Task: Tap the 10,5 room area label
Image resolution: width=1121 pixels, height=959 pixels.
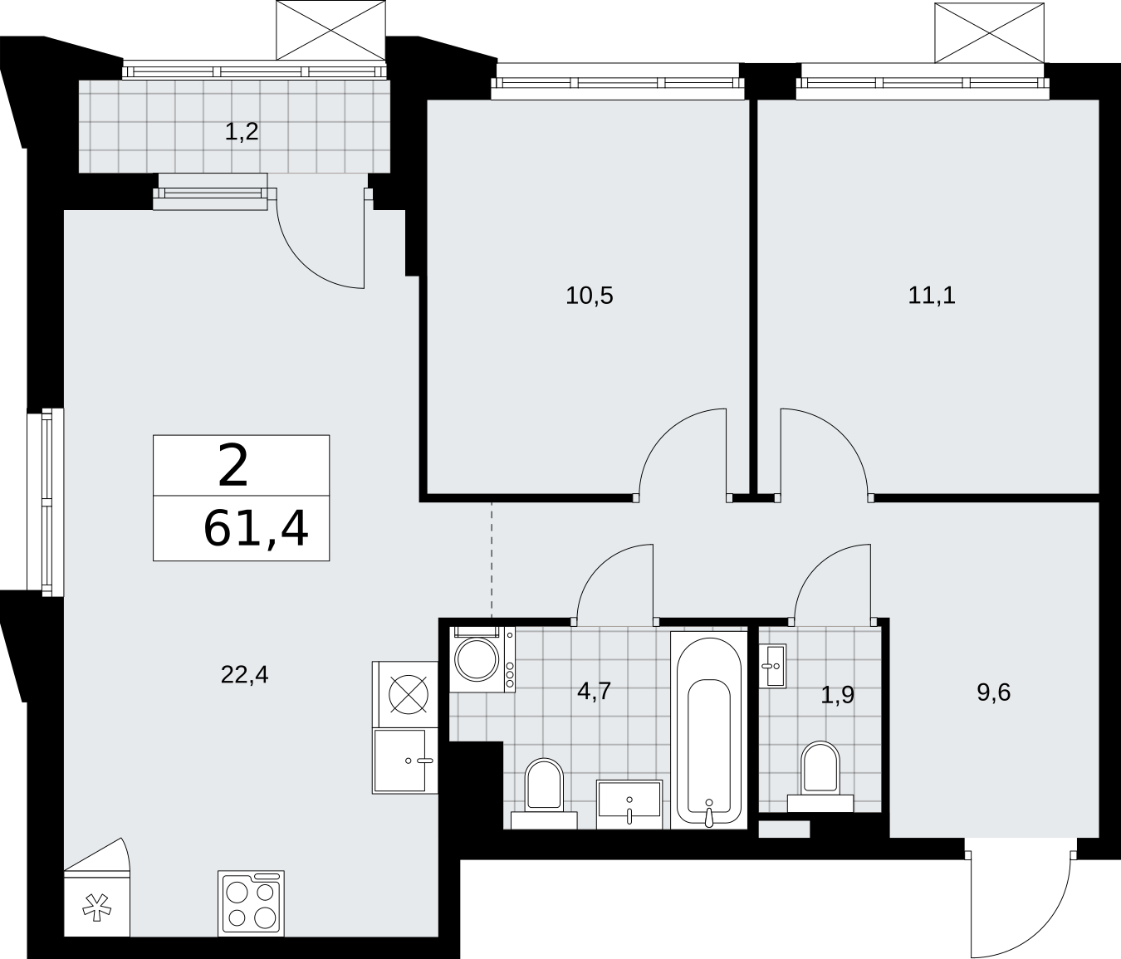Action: click(x=589, y=296)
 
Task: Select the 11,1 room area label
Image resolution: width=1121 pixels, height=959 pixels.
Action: click(x=932, y=296)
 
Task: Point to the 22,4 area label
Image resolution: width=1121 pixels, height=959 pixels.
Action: click(x=245, y=675)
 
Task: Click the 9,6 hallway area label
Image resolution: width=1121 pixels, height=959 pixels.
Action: click(x=994, y=708)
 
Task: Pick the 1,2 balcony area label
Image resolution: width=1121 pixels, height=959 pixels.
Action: click(x=242, y=132)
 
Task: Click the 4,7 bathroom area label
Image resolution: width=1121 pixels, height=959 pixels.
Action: click(x=595, y=692)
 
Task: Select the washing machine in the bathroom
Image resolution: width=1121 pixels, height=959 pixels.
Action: click(x=482, y=659)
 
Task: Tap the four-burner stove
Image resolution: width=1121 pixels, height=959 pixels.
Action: click(x=251, y=903)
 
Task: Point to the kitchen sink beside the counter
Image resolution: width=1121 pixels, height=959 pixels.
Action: click(x=404, y=761)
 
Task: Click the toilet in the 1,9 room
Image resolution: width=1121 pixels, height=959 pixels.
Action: click(x=820, y=776)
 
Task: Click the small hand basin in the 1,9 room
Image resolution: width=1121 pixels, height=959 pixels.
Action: click(x=772, y=666)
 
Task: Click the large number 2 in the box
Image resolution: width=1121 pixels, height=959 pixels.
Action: click(x=233, y=465)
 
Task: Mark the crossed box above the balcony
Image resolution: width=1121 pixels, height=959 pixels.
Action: click(x=330, y=30)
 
